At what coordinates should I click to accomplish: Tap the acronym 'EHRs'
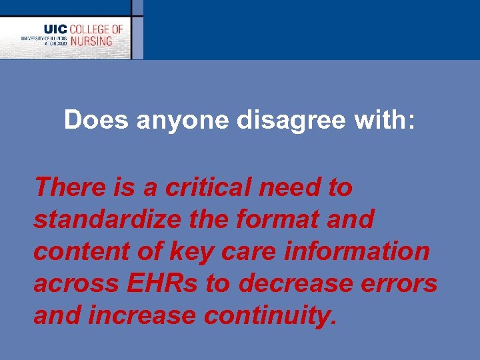[162, 283]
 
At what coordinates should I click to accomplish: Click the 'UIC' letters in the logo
[55, 29]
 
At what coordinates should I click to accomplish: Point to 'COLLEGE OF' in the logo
[97, 29]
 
